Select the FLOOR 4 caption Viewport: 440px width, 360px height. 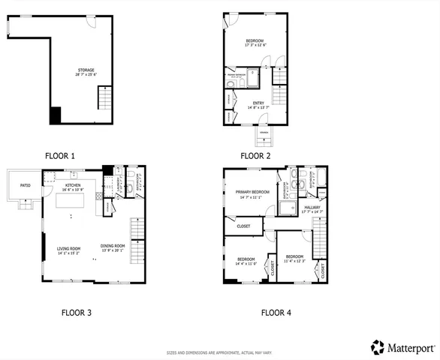tap(276, 312)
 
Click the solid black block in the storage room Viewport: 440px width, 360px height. tap(55, 115)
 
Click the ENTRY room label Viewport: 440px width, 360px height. tap(258, 103)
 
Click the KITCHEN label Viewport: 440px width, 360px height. tap(73, 184)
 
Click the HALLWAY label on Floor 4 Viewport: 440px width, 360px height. tap(312, 208)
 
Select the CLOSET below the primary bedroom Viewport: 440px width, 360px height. tap(243, 225)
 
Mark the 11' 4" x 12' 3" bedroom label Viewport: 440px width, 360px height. tap(294, 259)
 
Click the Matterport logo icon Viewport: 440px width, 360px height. tap(378, 346)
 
